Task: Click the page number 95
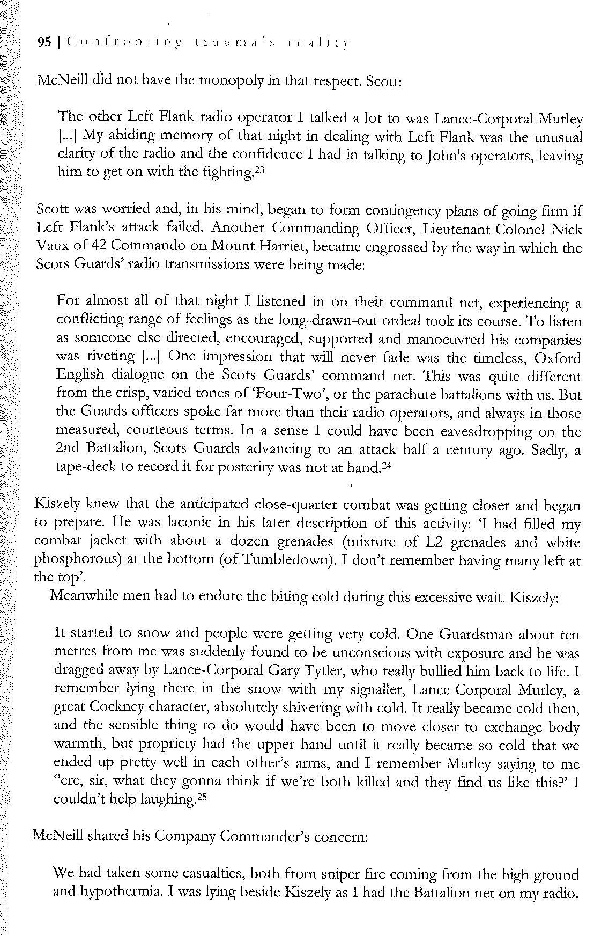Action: pos(43,43)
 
